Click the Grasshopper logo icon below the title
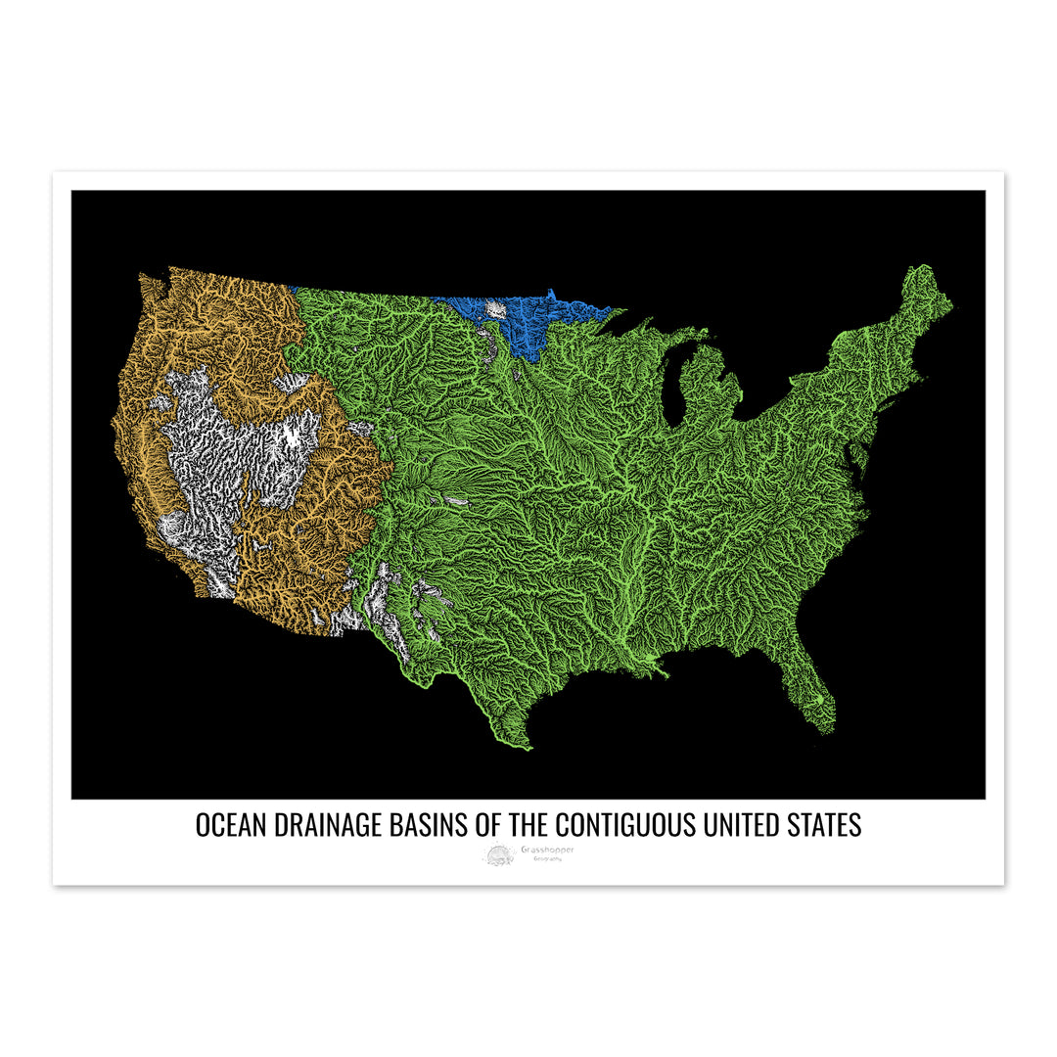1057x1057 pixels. (498, 855)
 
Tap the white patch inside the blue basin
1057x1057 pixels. (496, 309)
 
